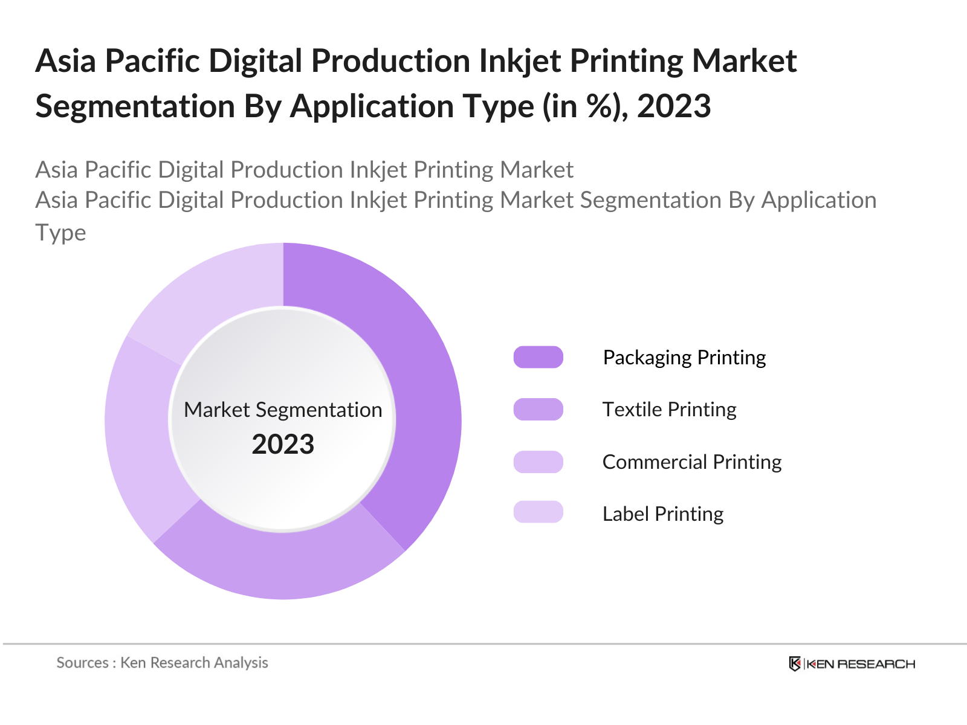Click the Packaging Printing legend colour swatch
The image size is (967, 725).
(x=538, y=357)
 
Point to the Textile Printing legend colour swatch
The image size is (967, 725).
(x=538, y=409)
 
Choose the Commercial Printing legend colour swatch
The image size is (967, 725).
(x=538, y=462)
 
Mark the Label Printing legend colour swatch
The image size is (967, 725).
(x=538, y=512)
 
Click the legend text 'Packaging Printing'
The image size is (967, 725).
(x=684, y=357)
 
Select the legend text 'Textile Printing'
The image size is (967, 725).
(x=669, y=409)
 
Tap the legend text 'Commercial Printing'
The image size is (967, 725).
(x=692, y=462)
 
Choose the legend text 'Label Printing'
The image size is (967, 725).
(x=663, y=514)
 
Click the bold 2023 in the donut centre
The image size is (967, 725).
(x=283, y=444)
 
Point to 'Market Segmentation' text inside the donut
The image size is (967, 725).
(x=283, y=410)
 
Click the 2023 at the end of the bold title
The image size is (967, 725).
(x=674, y=106)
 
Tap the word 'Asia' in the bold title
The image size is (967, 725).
(x=65, y=61)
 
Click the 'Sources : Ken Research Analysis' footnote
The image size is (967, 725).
(x=162, y=663)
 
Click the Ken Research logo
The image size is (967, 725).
(x=852, y=664)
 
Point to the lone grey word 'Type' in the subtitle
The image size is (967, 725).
(x=60, y=233)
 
